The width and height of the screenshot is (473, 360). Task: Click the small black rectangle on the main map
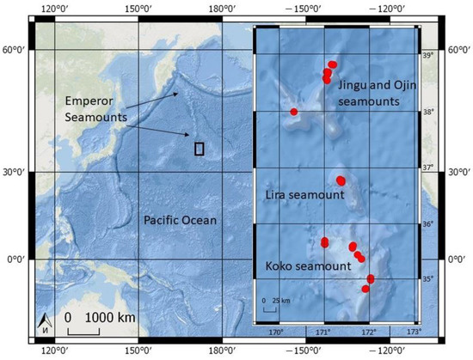(200, 148)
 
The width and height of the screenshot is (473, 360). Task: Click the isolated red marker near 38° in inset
(294, 112)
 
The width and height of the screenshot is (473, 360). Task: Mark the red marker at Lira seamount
(341, 180)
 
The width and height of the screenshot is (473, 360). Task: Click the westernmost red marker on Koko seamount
(324, 242)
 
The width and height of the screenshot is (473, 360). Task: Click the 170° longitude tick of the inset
(277, 331)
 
